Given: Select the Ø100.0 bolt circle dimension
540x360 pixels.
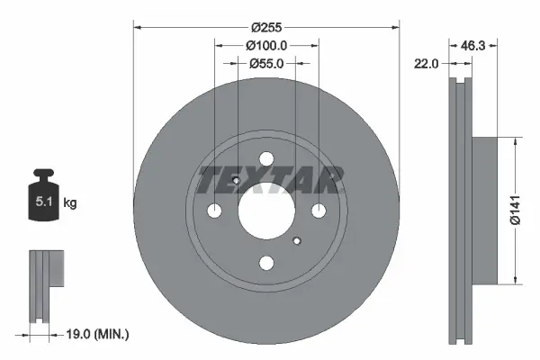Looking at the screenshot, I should click(x=265, y=45).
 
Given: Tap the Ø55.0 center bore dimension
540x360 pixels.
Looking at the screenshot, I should click(x=265, y=64).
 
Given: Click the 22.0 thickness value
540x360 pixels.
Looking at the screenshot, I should click(x=427, y=64).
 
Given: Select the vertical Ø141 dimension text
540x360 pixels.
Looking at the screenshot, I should click(x=514, y=210).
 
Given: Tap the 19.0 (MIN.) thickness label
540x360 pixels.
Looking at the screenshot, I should click(x=99, y=334).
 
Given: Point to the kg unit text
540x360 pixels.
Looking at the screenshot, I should click(x=69, y=203).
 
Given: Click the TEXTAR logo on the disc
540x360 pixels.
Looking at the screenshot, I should click(x=269, y=180).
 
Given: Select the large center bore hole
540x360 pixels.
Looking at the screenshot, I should click(x=266, y=211).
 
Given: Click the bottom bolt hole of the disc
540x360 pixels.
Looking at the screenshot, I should click(x=266, y=264).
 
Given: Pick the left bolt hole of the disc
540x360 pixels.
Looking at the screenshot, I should click(x=214, y=211).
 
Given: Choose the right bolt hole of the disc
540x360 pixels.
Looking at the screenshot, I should click(x=319, y=211).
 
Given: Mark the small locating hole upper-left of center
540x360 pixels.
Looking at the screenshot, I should click(x=236, y=182).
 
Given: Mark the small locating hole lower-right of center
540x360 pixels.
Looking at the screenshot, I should click(x=297, y=240).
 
